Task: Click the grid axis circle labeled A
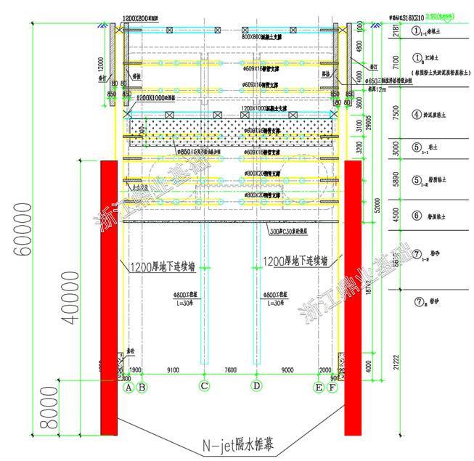(x=128, y=388)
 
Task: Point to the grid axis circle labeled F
(x=332, y=388)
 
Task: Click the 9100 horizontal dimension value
(x=173, y=370)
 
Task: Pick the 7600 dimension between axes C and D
(x=230, y=370)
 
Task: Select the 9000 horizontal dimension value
(x=287, y=370)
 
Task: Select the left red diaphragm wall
(x=109, y=298)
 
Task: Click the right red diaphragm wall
(x=353, y=298)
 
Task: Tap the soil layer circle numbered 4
(x=417, y=114)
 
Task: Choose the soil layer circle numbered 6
(x=417, y=216)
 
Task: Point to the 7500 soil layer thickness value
(x=395, y=114)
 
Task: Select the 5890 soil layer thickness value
(x=395, y=180)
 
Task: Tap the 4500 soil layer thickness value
(x=395, y=216)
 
